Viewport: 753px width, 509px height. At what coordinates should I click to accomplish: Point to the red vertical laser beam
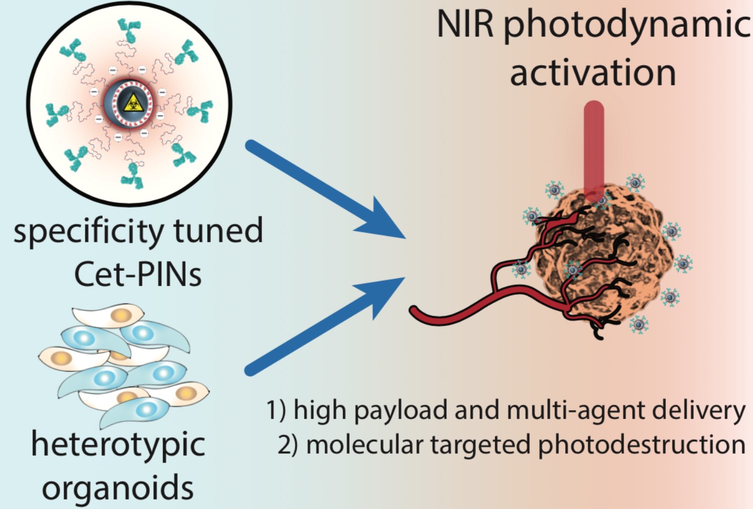click(x=594, y=147)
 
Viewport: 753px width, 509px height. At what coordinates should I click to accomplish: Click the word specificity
click(x=88, y=231)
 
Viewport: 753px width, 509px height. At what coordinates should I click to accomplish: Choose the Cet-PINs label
click(x=138, y=274)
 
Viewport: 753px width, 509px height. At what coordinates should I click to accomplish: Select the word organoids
click(x=118, y=488)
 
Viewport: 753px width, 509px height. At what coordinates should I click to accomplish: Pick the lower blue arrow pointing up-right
click(x=326, y=326)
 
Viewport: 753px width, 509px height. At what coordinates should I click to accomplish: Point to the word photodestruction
click(x=641, y=445)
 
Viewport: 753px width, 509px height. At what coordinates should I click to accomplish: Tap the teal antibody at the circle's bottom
click(x=132, y=176)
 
